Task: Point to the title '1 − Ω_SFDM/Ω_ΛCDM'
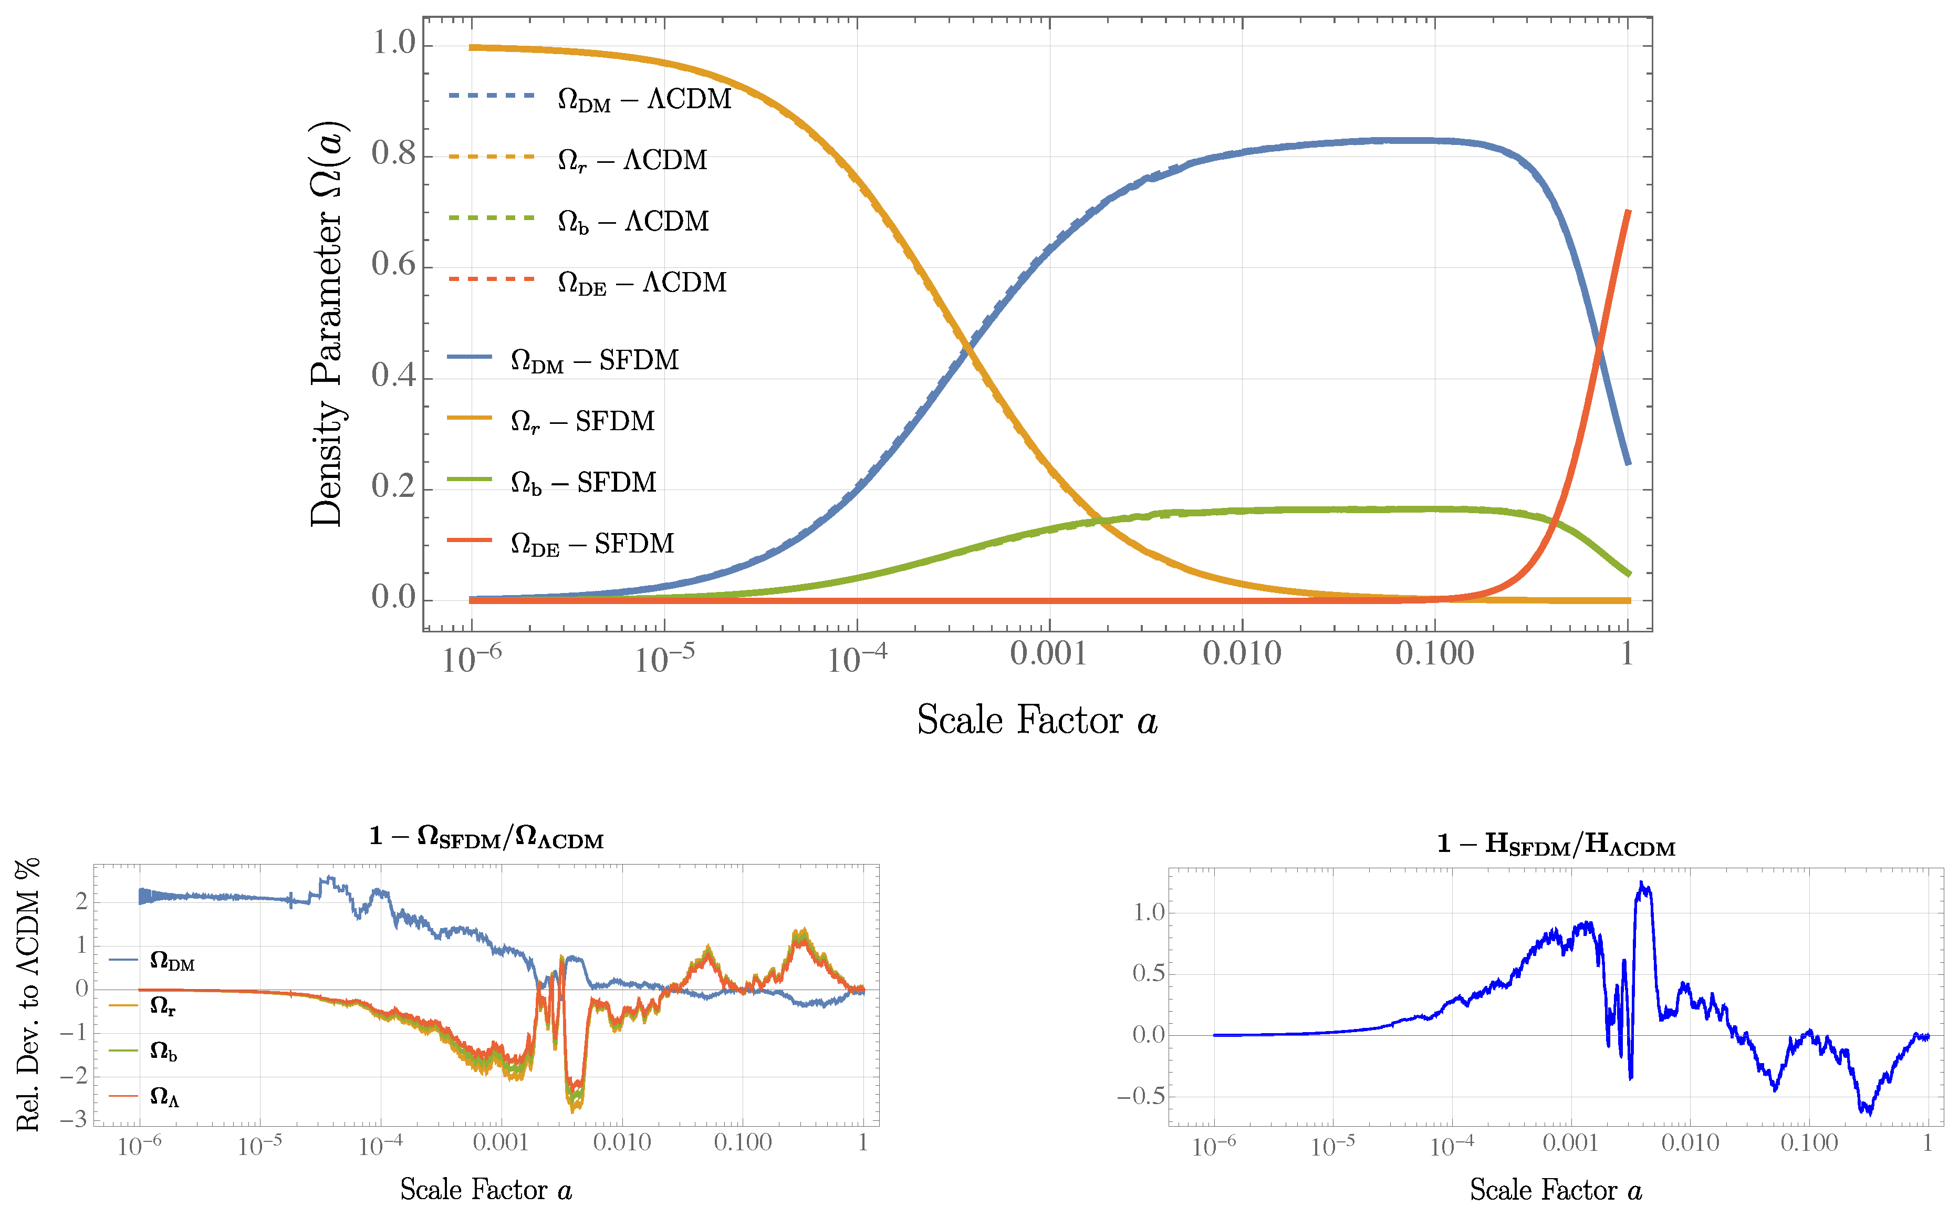click(x=486, y=838)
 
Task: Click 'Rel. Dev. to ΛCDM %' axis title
click(x=29, y=995)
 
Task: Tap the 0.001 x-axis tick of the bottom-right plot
click(x=1570, y=1143)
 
